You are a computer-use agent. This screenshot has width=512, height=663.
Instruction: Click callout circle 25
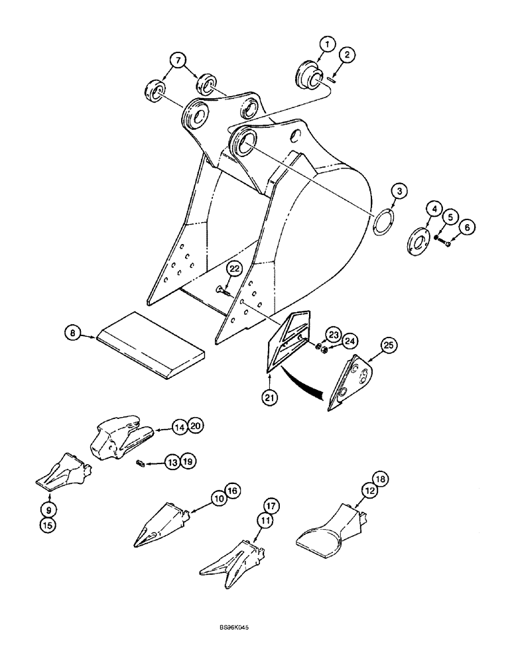click(389, 345)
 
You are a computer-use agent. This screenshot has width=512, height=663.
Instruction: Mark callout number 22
click(233, 269)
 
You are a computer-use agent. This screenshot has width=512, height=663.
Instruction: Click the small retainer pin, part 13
click(141, 463)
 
